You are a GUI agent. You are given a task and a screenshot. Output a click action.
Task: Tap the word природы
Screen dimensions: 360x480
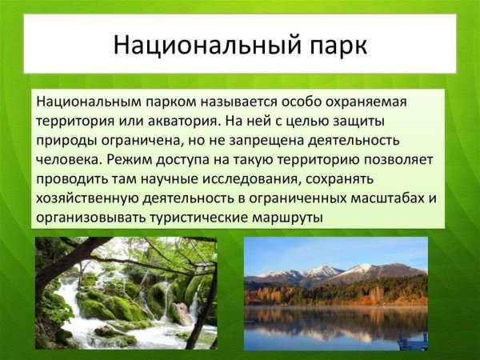click(x=66, y=142)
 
